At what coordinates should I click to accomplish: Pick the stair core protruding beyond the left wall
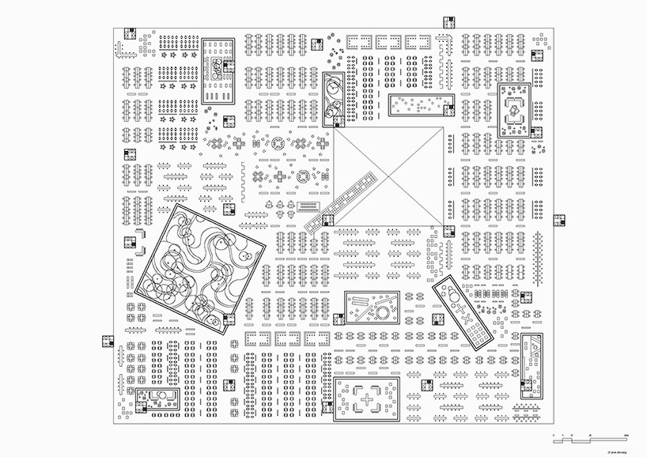pos(107,342)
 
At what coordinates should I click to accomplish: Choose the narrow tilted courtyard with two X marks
pos(463,315)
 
